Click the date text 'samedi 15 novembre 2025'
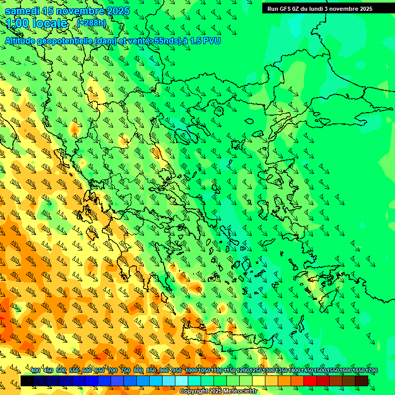tap(67, 11)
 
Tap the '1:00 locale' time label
tap(37, 23)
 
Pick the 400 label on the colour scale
tap(35, 370)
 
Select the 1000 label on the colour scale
tap(191, 370)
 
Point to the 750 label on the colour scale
tap(125, 370)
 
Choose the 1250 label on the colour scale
tap(256, 370)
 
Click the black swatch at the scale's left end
tap(27, 381)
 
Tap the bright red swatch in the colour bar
tap(310, 381)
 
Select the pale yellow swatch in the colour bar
tap(259, 381)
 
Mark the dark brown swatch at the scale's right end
tap(362, 381)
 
